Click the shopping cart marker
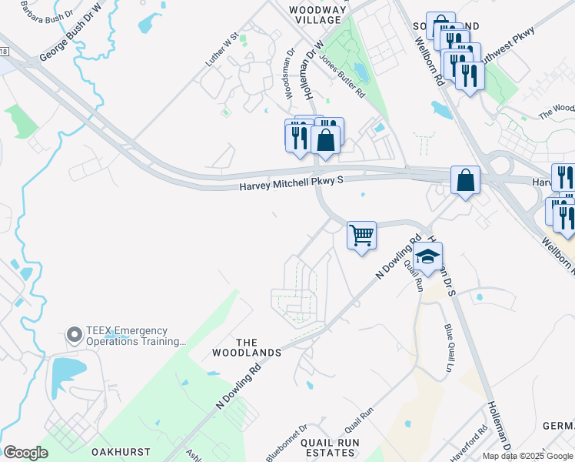(x=361, y=235)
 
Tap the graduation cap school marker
(x=428, y=258)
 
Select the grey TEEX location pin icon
(x=75, y=335)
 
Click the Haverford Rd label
(x=484, y=440)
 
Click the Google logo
(x=25, y=453)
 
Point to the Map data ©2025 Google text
(x=527, y=456)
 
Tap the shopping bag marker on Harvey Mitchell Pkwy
(x=465, y=182)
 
